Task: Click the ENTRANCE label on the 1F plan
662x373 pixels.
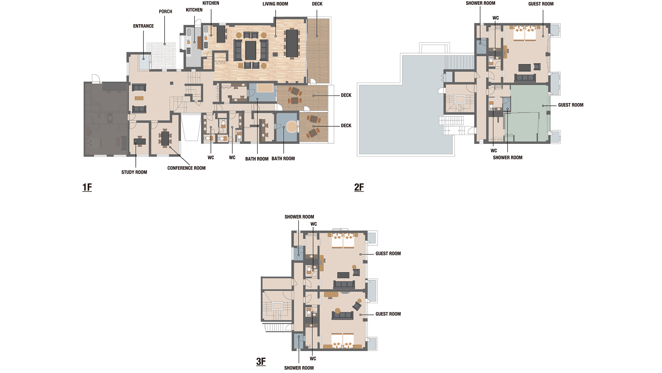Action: [143, 26]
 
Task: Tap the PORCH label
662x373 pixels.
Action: [165, 12]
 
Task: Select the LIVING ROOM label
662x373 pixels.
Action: [275, 4]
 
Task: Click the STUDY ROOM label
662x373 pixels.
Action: [134, 172]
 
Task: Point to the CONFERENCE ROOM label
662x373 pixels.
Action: [186, 168]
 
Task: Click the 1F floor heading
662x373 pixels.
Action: [87, 187]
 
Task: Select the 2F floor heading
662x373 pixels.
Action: [359, 187]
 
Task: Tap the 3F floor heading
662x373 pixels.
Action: [261, 361]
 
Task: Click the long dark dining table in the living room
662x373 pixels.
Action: [292, 43]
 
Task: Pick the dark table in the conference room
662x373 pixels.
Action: [165, 139]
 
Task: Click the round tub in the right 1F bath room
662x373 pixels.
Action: [292, 127]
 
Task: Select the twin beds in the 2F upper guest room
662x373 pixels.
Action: [525, 33]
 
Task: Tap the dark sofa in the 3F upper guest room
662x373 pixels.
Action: [344, 284]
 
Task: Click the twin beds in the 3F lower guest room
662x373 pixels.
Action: [343, 341]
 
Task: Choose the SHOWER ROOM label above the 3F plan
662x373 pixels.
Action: [299, 217]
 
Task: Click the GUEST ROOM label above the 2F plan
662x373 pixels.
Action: [541, 4]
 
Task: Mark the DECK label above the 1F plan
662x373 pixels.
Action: [317, 4]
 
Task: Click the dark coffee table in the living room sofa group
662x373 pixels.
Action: [251, 50]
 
